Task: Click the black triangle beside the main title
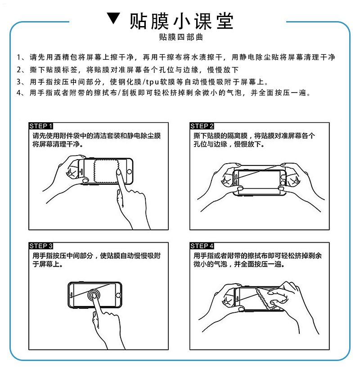[114, 18]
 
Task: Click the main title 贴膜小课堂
[182, 21]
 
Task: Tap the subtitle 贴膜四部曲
[181, 37]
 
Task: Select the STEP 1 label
[41, 126]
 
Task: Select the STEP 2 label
[202, 126]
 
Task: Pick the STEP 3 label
[41, 246]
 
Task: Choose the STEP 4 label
[202, 246]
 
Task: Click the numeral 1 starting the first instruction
[19, 57]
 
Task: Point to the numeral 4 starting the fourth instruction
[19, 93]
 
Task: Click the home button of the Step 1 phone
[129, 172]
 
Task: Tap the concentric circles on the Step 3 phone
[94, 295]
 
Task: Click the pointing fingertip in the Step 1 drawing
[119, 172]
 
